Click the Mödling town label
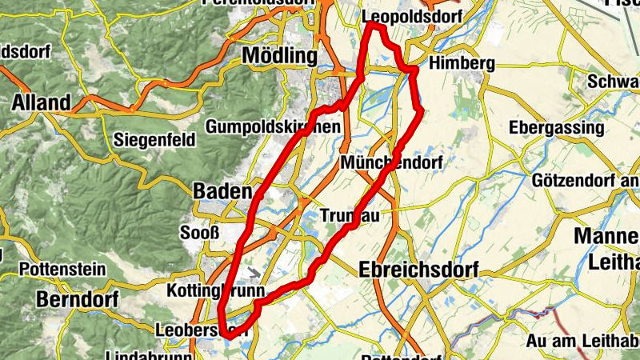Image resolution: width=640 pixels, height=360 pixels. pyautogui.click(x=279, y=57)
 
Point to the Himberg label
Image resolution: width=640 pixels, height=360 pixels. pyautogui.click(x=462, y=63)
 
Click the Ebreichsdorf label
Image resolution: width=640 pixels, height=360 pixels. pyautogui.click(x=418, y=270)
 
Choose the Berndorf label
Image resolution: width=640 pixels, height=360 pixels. pyautogui.click(x=77, y=300)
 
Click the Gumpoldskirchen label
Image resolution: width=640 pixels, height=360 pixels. pyautogui.click(x=273, y=127)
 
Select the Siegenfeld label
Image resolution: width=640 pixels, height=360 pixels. pyautogui.click(x=155, y=140)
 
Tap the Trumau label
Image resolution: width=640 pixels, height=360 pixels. pyautogui.click(x=350, y=216)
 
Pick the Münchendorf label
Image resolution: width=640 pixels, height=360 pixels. pyautogui.click(x=391, y=162)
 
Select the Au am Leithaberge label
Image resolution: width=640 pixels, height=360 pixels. pyautogui.click(x=582, y=342)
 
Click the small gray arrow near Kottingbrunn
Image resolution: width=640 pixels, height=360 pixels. pyautogui.click(x=254, y=274)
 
